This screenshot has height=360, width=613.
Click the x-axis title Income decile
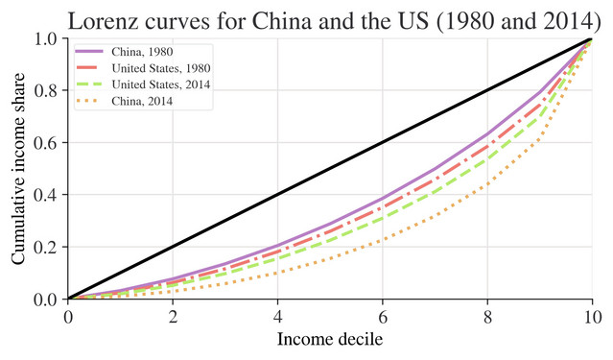click(x=329, y=339)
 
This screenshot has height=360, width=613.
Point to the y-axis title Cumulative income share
click(x=18, y=169)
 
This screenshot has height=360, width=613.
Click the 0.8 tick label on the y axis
click(x=45, y=91)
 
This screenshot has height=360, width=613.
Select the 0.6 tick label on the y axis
click(x=45, y=143)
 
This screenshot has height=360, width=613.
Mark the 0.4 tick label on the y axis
click(x=45, y=195)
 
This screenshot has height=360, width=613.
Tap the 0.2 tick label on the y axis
click(x=45, y=247)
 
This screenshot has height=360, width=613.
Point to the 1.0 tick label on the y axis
click(x=45, y=39)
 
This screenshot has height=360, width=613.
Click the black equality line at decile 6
click(x=383, y=143)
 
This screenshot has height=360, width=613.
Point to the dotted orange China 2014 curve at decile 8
click(x=487, y=184)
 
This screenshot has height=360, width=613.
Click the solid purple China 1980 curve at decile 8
click(x=487, y=134)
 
